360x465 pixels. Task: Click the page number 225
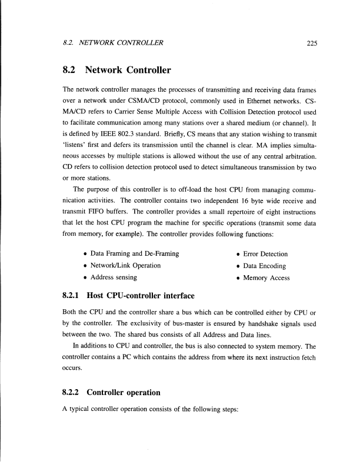coord(300,42)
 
